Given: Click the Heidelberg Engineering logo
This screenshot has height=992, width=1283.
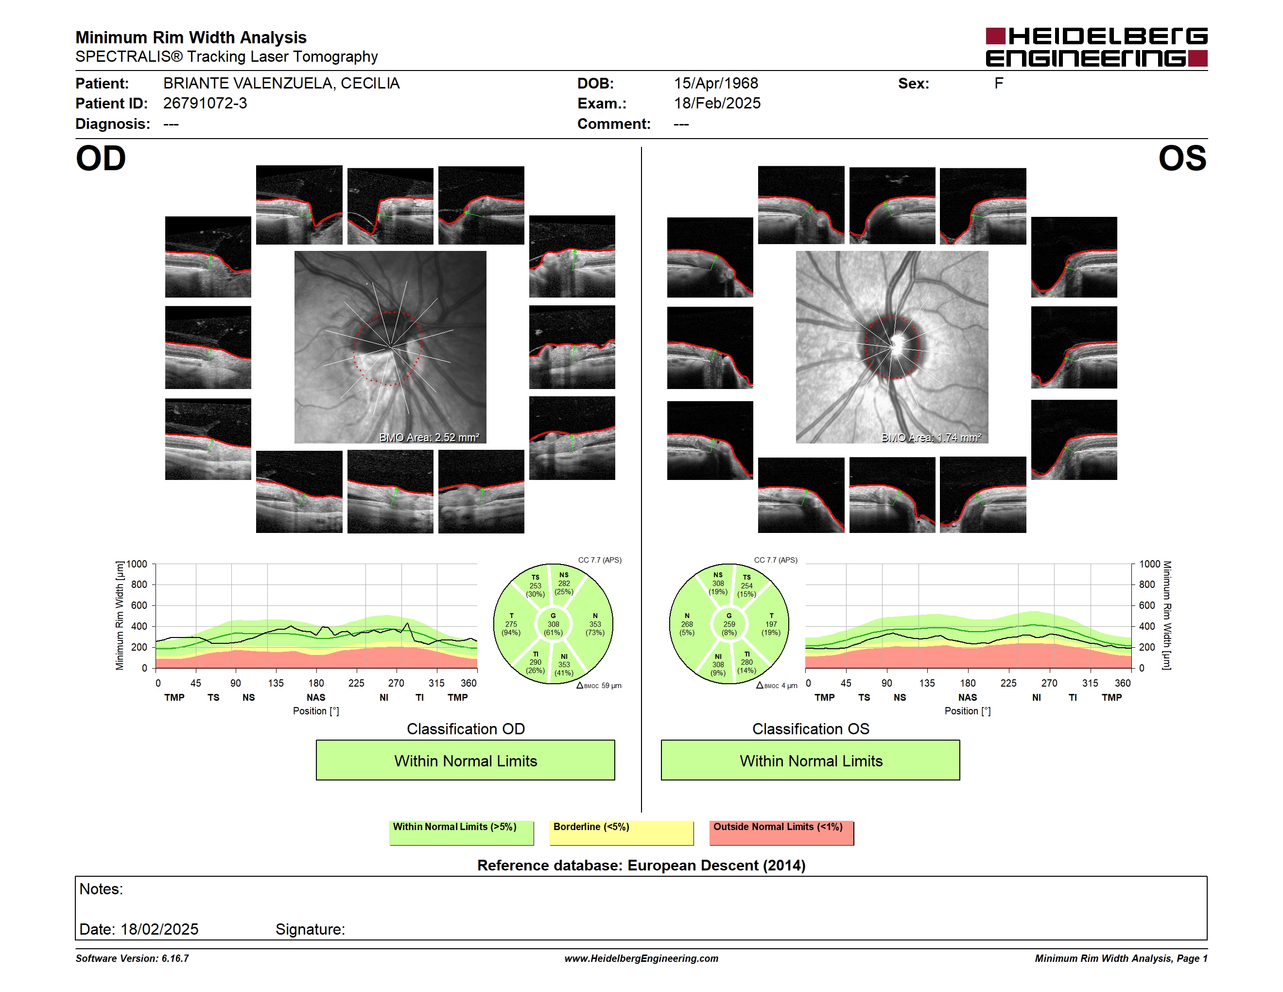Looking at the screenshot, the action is click(x=1096, y=47).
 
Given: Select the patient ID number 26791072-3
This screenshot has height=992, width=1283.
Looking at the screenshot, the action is click(x=205, y=104).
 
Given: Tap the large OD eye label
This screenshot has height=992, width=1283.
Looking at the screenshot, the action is click(x=101, y=158).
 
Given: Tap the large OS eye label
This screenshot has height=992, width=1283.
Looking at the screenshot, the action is click(x=1182, y=158).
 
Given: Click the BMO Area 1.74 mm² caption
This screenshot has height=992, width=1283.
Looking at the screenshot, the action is click(x=931, y=437).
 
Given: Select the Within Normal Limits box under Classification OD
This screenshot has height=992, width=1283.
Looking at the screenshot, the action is click(x=465, y=761).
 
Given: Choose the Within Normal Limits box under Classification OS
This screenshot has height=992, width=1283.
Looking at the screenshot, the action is click(x=811, y=761).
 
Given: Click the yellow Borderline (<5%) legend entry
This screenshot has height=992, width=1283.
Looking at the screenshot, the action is click(x=621, y=833).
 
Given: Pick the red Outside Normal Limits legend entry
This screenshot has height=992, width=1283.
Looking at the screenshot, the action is click(x=781, y=833).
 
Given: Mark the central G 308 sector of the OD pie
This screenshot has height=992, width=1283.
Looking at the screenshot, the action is click(x=553, y=624).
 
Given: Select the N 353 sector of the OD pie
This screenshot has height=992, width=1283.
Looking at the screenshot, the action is click(x=594, y=624).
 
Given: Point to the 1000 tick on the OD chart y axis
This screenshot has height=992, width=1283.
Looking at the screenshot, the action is click(x=136, y=564).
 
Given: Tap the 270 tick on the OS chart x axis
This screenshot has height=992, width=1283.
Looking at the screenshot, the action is click(x=1049, y=683).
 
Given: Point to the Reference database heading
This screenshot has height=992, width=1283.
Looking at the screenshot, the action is click(x=641, y=866).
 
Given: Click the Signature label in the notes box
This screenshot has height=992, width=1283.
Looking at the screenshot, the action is click(x=310, y=929).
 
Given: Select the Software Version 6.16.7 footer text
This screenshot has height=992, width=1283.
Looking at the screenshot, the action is click(x=132, y=958).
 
